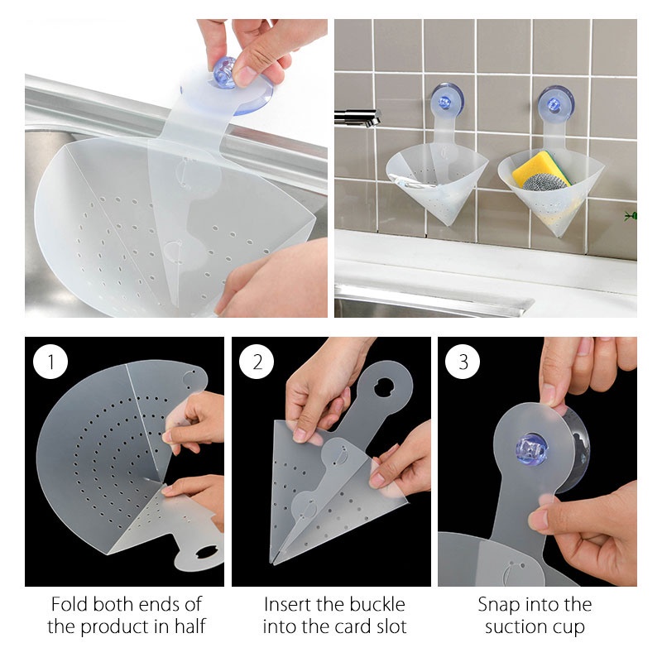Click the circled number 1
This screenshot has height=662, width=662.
click(x=50, y=362)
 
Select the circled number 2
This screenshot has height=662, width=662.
click(x=257, y=362)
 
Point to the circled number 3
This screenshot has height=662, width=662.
click(x=463, y=362)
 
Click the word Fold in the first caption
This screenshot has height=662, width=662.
click(x=70, y=605)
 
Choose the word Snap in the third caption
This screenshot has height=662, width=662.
click(x=497, y=606)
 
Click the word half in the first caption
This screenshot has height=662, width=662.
click(x=190, y=626)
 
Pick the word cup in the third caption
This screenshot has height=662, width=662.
click(x=568, y=628)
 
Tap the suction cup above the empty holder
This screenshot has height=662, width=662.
click(x=447, y=100)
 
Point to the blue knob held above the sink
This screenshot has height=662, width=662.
click(x=224, y=73)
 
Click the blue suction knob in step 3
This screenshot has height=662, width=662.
click(x=531, y=449)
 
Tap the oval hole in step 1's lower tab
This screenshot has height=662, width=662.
click(x=206, y=552)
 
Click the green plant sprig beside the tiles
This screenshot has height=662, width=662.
click(x=631, y=216)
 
